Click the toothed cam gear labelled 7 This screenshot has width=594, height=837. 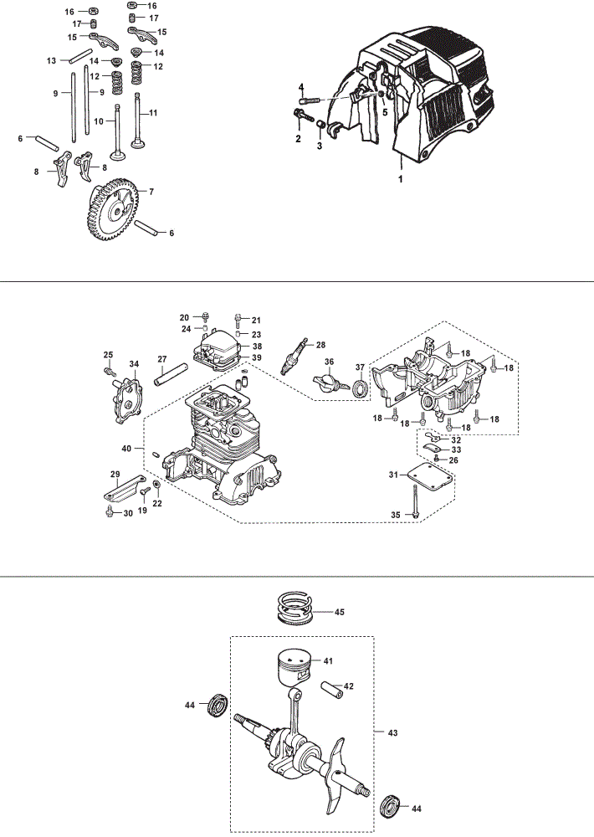[113, 209]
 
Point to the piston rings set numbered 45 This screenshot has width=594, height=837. [295, 608]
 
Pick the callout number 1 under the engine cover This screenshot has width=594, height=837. [401, 179]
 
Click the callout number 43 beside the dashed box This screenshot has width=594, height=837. [393, 733]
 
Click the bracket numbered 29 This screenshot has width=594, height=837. [122, 487]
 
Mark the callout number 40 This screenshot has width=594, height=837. [126, 449]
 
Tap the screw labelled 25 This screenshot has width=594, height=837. [110, 369]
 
